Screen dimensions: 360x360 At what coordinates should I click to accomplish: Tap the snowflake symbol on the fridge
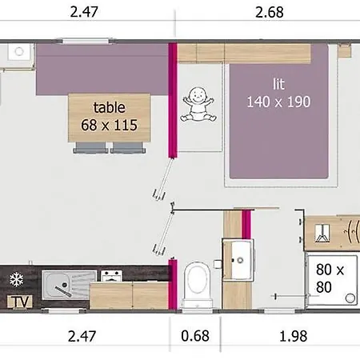15,279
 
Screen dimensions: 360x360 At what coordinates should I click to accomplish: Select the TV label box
17,302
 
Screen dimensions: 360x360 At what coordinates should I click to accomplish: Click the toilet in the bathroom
195,282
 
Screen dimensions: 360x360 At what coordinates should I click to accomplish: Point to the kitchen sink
59,282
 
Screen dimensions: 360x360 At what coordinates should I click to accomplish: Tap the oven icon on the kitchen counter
110,277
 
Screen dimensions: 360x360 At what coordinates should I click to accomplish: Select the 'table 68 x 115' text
110,116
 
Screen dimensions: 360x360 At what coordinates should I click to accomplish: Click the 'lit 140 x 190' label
278,94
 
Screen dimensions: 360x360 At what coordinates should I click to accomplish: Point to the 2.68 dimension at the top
270,12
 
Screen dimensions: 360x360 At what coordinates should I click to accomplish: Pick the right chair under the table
123,148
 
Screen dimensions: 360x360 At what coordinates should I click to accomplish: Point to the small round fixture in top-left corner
17,51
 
